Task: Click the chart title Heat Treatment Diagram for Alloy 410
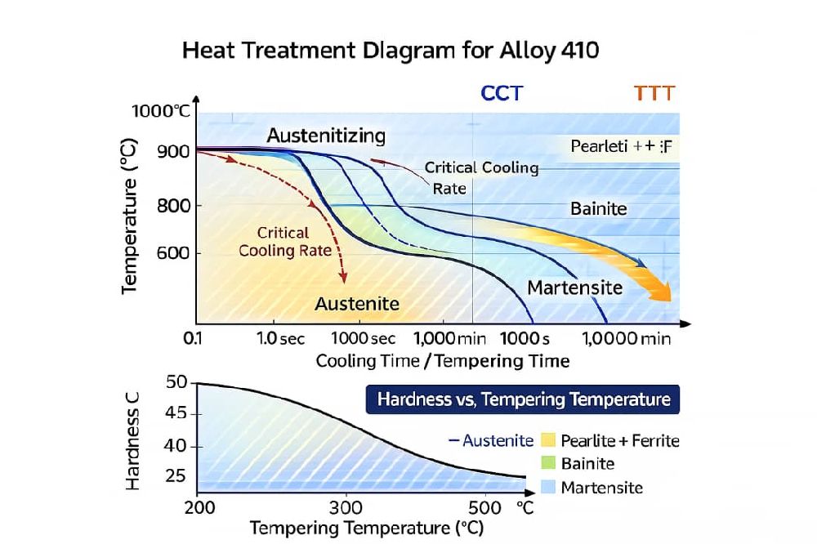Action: pos(390,50)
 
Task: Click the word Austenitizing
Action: pos(326,136)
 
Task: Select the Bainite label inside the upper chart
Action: pos(598,209)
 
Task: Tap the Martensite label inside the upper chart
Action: pos(575,288)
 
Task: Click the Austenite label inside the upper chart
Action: pos(357,304)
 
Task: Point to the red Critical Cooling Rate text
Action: pos(286,242)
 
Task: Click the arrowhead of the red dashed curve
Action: pos(345,279)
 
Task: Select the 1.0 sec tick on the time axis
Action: pos(280,338)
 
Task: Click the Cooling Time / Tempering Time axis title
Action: pos(443,360)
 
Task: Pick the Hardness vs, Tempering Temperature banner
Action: pos(524,400)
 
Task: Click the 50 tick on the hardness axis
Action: pos(177,382)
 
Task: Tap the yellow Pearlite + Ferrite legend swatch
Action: pos(548,441)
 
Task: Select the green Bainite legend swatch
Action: pos(548,464)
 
